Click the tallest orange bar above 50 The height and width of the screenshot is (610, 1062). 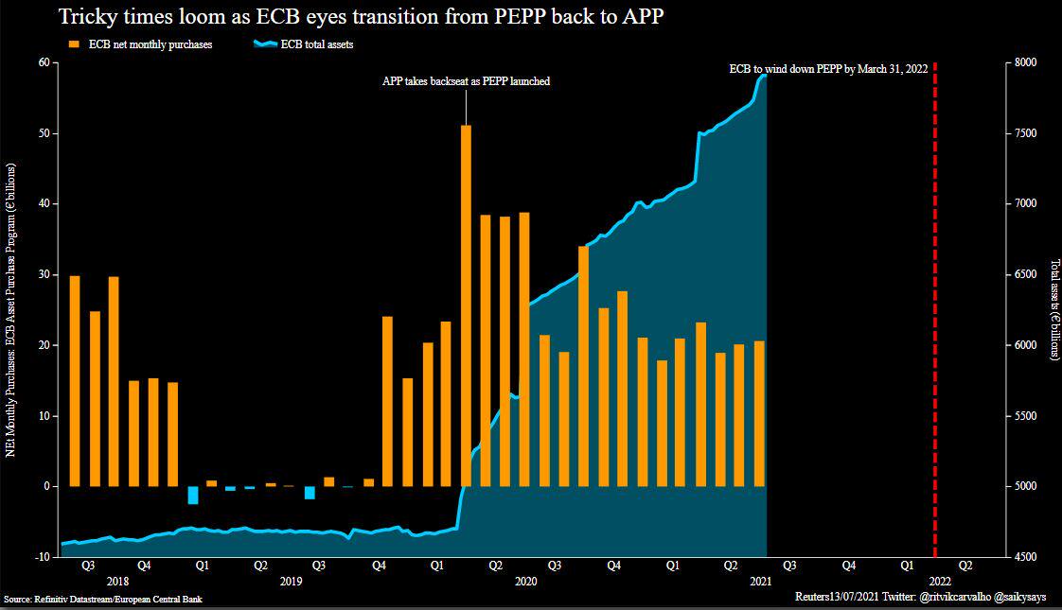point(466,305)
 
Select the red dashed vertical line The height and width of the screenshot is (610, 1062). point(934,310)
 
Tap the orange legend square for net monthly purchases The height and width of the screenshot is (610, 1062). point(75,44)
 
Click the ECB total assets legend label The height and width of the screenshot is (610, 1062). point(317,44)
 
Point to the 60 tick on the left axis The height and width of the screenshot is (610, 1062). point(44,62)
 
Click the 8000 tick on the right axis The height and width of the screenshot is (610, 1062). point(1025,62)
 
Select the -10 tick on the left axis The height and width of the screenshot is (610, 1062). point(43,556)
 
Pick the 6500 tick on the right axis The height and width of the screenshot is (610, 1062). point(1025,274)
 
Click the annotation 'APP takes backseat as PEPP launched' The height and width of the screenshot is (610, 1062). point(466,81)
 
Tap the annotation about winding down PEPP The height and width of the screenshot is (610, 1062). point(828,69)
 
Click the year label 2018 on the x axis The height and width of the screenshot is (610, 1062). point(118,581)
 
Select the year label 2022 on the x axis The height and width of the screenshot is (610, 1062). point(940,581)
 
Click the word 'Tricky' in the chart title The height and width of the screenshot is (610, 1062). point(88,16)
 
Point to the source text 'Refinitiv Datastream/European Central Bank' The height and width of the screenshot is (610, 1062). point(118,599)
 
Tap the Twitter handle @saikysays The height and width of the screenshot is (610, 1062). point(1020,597)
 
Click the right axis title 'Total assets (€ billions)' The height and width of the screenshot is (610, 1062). point(1053,309)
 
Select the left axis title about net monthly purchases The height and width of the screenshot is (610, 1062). point(10,310)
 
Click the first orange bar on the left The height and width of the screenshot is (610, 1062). point(75,381)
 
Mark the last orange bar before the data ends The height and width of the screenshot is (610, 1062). point(759,413)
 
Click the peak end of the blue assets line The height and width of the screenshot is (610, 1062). point(766,75)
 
